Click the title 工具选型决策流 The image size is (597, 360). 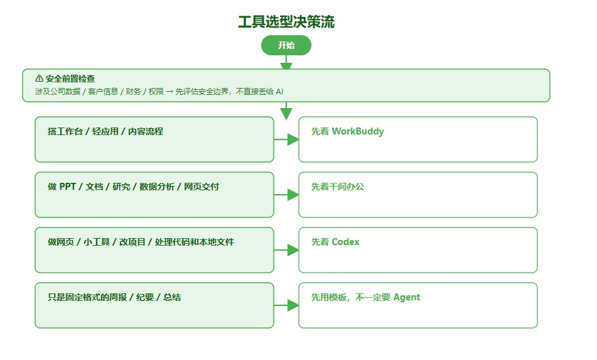tap(286, 22)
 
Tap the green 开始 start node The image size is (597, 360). tap(286, 45)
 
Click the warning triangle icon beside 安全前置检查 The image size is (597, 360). tap(39, 79)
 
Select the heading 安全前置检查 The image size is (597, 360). tap(70, 79)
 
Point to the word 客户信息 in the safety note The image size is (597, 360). tap(103, 92)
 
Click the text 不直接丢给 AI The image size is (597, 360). tap(259, 92)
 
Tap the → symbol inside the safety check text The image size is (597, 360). tap(169, 92)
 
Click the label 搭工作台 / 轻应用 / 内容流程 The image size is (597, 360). tap(105, 131)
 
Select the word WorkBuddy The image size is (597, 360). tap(358, 131)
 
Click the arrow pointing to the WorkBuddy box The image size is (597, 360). tap(286, 139)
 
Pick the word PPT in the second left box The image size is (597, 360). tap(68, 187)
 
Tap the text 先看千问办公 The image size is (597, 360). tap(338, 187)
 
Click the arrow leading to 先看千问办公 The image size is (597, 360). tap(286, 195)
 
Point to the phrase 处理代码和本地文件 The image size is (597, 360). tap(194, 242)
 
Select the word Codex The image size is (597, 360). tap(346, 242)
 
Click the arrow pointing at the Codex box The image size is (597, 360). tap(286, 250)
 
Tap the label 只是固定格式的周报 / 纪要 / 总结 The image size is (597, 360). tap(114, 297)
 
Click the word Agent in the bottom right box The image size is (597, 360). tap(407, 298)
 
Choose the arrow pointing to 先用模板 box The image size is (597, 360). tap(286, 305)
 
